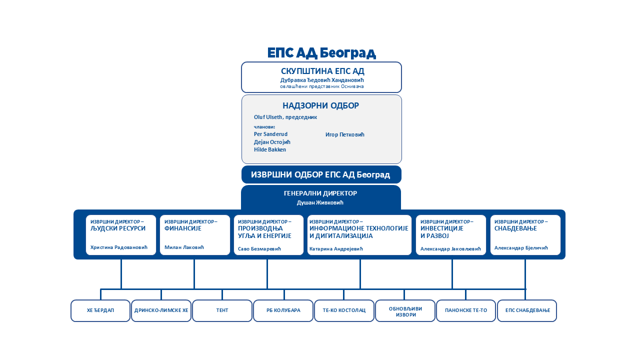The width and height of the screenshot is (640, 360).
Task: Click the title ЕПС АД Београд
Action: pos(321,53)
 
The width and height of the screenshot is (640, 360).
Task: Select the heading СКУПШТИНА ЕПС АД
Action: pos(322,71)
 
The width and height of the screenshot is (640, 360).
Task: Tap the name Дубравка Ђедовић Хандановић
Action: pos(322,80)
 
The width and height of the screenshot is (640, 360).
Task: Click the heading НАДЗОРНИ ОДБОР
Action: pos(320,105)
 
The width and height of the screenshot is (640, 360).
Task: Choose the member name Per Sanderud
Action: pos(270,134)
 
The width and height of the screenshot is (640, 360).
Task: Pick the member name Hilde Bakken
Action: pos(269,149)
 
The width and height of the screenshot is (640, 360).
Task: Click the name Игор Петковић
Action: pos(345,134)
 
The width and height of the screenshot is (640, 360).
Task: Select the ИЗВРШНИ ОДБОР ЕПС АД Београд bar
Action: pos(321,174)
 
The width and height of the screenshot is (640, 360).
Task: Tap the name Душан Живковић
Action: pos(320,202)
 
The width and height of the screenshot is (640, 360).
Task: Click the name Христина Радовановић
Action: pos(119,247)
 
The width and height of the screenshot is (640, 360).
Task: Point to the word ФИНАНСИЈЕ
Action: pos(183,228)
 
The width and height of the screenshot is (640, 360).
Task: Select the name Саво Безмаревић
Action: pos(259,249)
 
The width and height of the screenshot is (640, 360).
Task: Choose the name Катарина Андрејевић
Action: pos(336,249)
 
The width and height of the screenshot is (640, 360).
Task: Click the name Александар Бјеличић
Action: pos(521,248)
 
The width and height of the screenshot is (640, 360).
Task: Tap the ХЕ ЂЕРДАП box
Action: pos(100,311)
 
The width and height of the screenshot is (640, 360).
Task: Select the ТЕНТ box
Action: pos(222,311)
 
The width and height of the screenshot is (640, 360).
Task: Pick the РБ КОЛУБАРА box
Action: pos(283,311)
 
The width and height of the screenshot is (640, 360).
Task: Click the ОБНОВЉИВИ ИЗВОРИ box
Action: pos(405,311)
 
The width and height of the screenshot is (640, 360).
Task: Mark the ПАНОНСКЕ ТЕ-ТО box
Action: pos(466,311)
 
